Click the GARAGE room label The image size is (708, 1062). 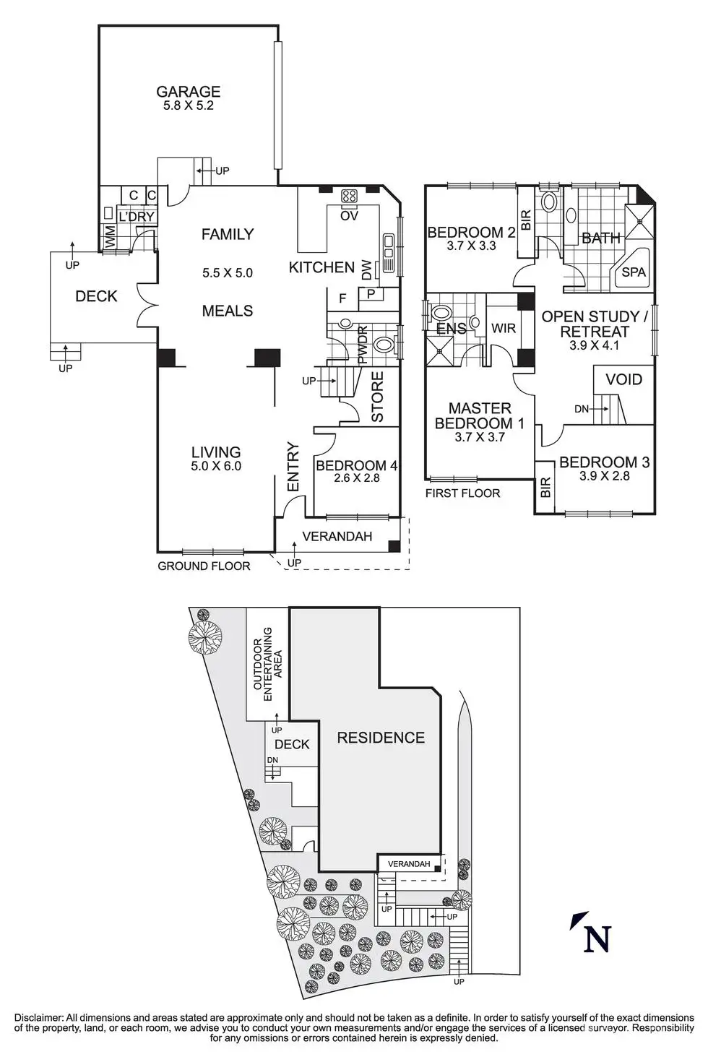189,91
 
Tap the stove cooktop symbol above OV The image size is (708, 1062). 350,197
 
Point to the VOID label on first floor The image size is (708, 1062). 623,379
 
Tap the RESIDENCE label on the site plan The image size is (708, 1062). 381,737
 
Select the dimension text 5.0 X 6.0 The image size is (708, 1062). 216,466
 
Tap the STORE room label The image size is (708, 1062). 377,397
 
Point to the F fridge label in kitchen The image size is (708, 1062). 342,298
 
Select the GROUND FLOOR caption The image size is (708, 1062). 204,566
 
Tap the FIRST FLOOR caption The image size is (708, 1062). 462,493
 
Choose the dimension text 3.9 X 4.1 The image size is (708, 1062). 594,345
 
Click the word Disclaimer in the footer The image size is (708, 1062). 39,1018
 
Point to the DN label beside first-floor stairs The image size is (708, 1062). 582,408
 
